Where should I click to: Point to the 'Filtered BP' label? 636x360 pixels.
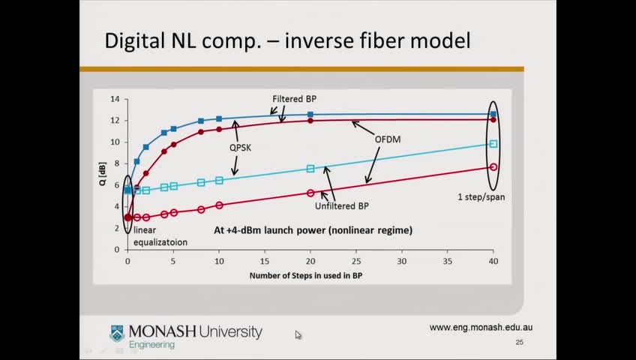coord(294,99)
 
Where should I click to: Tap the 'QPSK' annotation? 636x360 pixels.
coord(240,148)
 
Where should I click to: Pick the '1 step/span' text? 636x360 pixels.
coord(481,197)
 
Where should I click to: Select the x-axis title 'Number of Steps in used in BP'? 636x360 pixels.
coord(310,276)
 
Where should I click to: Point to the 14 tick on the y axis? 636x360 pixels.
coord(115,99)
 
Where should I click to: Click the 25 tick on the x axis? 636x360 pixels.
coord(356,262)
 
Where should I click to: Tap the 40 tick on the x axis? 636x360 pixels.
coord(493,262)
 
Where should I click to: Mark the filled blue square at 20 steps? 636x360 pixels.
coord(310,115)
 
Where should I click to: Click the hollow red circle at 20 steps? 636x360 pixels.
coord(310,193)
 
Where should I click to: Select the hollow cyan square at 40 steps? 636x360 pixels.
coord(493,143)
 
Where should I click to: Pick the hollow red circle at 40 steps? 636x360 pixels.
coord(493,167)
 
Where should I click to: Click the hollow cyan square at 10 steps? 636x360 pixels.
coord(219,180)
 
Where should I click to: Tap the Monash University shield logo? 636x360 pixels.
coord(117,333)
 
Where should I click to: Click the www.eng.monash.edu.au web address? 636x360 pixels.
coord(481,327)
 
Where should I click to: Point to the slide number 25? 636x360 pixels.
coord(519,343)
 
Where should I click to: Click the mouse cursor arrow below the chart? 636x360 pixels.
coord(298,334)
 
